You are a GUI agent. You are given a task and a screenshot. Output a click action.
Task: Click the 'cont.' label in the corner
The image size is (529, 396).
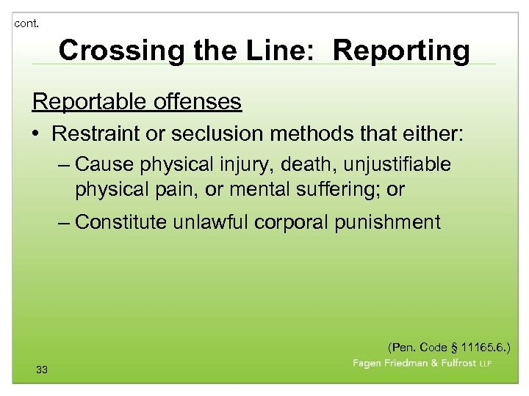coord(26,23)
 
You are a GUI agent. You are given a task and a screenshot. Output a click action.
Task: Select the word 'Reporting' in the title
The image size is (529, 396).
coord(401,51)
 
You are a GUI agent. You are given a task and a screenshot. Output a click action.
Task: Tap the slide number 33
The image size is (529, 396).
coord(42,370)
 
